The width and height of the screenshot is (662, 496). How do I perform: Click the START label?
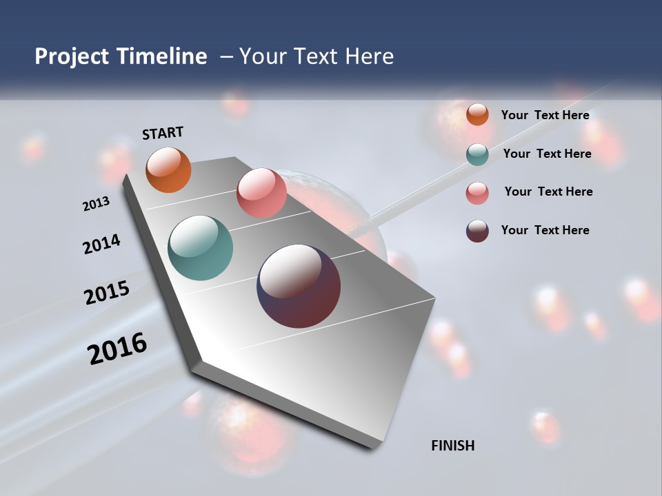[x=163, y=133]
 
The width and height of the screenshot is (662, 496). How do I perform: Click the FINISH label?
[x=453, y=446]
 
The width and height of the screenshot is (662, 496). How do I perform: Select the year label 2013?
[x=96, y=204]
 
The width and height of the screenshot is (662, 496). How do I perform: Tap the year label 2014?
[x=101, y=245]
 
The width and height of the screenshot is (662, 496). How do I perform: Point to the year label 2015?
[x=107, y=293]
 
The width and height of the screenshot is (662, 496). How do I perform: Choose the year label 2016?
[x=117, y=349]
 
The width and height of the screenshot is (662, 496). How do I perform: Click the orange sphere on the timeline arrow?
[x=169, y=169]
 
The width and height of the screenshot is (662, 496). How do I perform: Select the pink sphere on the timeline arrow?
[x=261, y=193]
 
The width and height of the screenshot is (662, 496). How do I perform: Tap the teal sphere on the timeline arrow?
[x=200, y=248]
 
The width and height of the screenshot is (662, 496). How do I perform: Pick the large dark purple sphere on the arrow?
[x=299, y=286]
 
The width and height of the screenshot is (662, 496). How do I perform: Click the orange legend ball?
[x=477, y=114]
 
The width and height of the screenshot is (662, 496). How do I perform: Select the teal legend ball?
[x=477, y=154]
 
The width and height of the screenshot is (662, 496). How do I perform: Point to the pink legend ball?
[x=477, y=193]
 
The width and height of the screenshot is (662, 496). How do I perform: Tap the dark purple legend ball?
[x=477, y=231]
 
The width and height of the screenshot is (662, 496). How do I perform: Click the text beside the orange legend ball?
[x=545, y=115]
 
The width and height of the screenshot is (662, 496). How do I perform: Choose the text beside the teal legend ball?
[x=547, y=154]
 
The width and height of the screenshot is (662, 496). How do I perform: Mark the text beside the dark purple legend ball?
[x=545, y=230]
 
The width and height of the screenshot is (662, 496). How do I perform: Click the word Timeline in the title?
[x=163, y=56]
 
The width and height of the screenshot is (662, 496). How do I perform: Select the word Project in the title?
[x=71, y=56]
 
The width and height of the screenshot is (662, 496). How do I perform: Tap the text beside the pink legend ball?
[x=548, y=192]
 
